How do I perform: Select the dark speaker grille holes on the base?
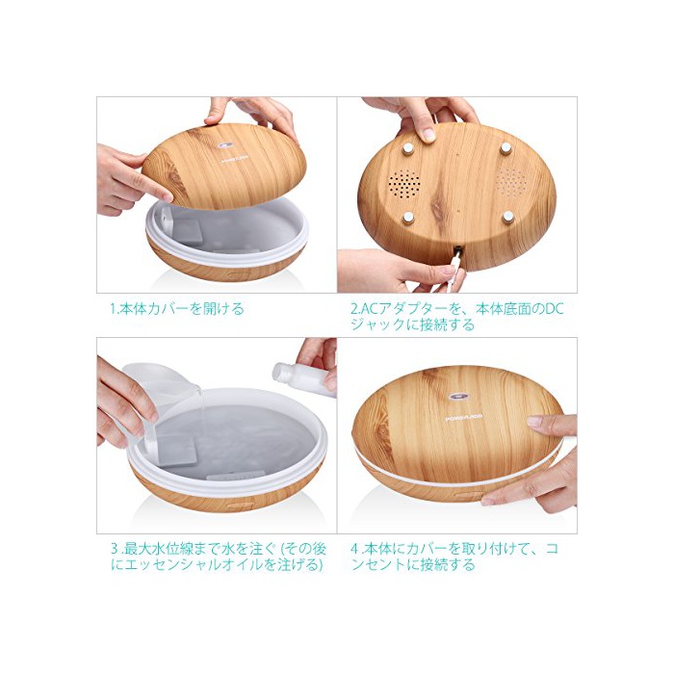point(404,184)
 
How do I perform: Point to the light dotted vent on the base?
point(511,183)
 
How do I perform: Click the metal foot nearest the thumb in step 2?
point(407,148)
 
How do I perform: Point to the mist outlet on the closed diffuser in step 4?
point(456,398)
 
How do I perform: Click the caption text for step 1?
point(176,309)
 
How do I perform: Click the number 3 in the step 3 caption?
point(115,549)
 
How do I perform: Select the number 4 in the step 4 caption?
point(355,549)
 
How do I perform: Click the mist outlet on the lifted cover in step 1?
point(226,145)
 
